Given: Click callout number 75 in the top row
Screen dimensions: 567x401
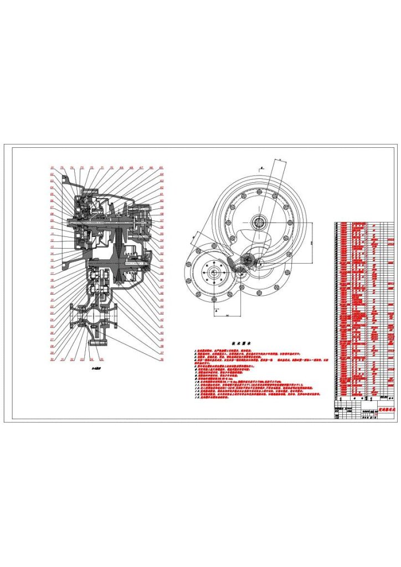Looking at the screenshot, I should point(61,167).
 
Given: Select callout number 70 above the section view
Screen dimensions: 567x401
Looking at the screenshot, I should point(112,167).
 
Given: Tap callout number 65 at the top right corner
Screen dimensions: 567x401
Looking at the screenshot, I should point(161,167).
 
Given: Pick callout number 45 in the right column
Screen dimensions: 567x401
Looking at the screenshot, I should point(161,300).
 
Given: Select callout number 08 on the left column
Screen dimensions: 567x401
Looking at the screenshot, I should point(52,213).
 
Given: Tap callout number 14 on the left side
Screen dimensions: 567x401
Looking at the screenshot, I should point(52,253).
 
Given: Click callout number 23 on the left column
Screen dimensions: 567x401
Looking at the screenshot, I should point(52,313).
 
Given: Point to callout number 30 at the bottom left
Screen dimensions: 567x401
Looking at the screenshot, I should point(52,359).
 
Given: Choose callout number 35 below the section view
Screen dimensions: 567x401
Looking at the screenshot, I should point(102,359).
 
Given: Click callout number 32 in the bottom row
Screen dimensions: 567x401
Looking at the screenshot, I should point(72,359).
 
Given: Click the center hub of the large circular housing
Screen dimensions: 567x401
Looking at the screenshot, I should point(258,223).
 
